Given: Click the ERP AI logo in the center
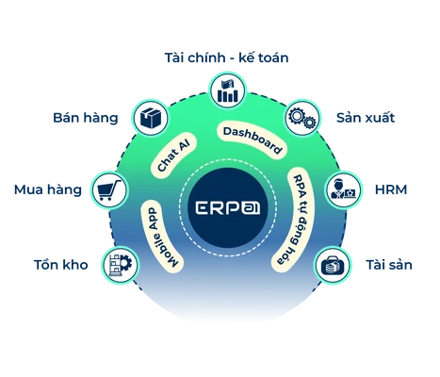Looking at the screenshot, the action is [x=228, y=207].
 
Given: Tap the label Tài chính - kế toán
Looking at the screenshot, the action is [x=226, y=57].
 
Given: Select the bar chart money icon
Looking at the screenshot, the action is [x=228, y=90].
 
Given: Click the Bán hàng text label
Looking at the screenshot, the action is [x=86, y=118].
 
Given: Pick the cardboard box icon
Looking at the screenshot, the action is [x=151, y=118].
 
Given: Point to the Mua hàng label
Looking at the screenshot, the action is [x=48, y=189].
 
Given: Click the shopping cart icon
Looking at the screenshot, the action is [x=109, y=190].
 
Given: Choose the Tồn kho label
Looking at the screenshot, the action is [x=60, y=265].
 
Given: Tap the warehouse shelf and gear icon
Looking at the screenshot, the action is [x=120, y=266].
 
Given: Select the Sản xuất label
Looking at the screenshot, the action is [x=366, y=118].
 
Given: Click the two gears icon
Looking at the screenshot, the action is [x=302, y=118].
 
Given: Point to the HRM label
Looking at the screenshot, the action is [x=391, y=189].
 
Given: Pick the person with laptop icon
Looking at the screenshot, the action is [x=343, y=189].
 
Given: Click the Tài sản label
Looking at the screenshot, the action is [x=389, y=265].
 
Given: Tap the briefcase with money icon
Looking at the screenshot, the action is [x=333, y=266].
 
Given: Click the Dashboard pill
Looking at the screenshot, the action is [x=253, y=139].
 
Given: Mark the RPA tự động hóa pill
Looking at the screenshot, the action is [x=293, y=220].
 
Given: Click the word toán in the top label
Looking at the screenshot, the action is [x=272, y=57].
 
